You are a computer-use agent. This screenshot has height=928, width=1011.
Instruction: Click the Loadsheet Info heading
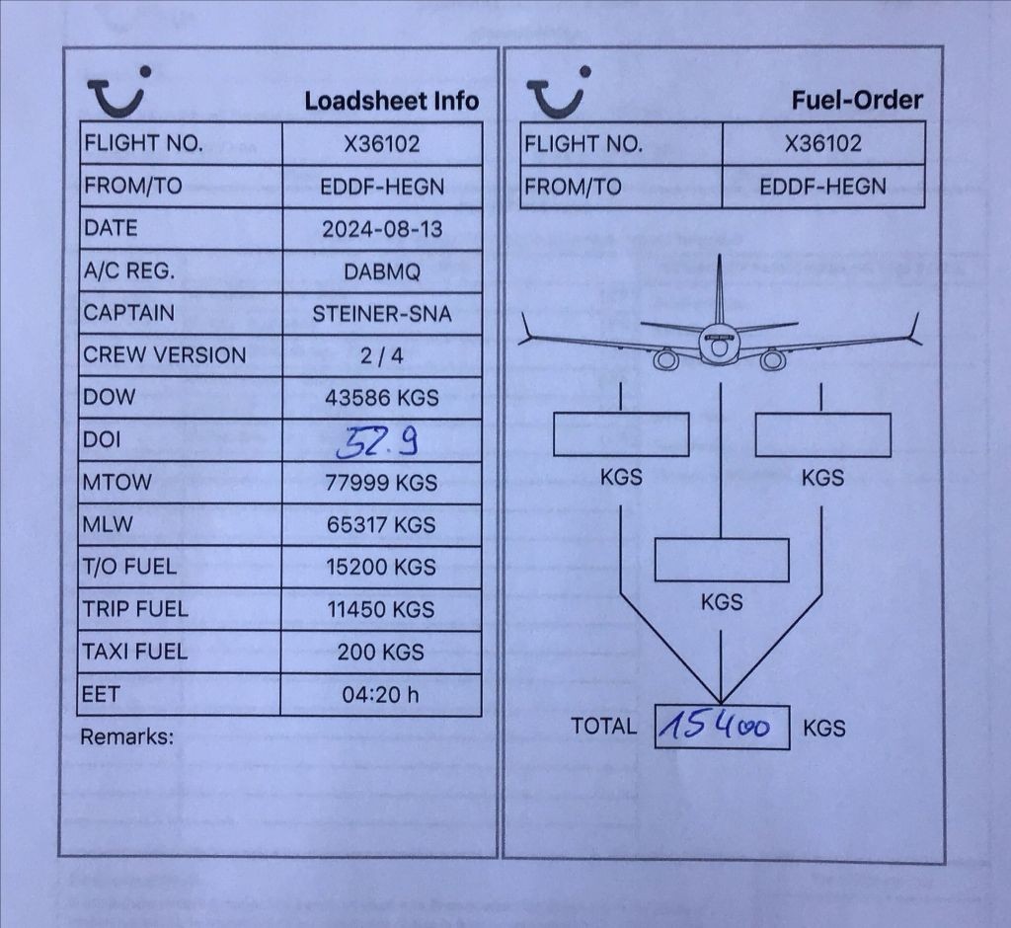click(391, 101)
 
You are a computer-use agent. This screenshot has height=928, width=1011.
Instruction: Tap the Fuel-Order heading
click(857, 100)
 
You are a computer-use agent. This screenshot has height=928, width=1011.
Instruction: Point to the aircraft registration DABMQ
click(382, 271)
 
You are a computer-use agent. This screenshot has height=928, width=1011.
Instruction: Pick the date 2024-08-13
click(382, 229)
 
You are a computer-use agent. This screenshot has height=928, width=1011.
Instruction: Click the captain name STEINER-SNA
click(382, 314)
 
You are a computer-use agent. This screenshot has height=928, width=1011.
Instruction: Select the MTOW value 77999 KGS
click(382, 483)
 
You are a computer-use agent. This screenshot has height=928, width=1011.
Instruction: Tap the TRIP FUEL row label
click(135, 609)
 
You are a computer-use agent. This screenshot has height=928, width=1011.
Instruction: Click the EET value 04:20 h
click(380, 695)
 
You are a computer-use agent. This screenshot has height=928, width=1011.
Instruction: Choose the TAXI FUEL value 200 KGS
click(381, 652)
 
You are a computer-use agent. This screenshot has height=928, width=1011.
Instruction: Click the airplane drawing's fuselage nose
click(719, 345)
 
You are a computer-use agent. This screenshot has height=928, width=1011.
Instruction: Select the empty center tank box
click(722, 560)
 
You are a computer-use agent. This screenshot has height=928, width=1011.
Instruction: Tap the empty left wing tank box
click(620, 434)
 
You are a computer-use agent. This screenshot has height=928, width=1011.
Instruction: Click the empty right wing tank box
click(822, 434)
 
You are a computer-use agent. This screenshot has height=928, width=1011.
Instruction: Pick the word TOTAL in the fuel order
click(603, 727)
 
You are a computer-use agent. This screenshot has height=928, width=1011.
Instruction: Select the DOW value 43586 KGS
click(382, 398)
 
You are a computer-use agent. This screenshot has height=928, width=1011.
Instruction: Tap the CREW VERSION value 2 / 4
click(382, 355)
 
